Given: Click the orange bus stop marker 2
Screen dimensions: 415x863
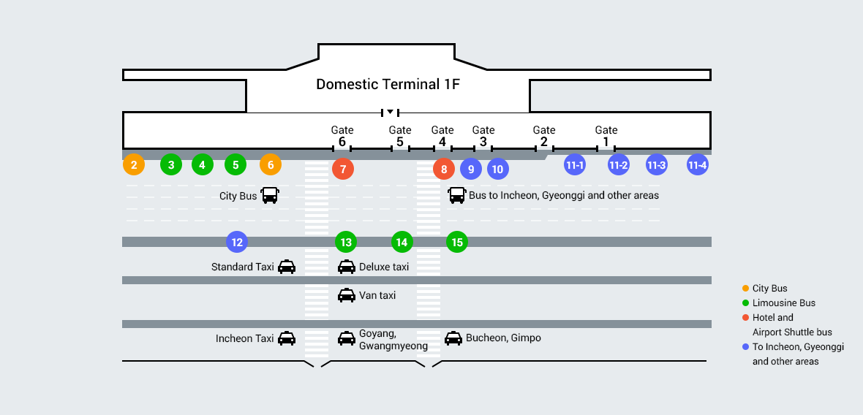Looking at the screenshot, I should tap(133, 165).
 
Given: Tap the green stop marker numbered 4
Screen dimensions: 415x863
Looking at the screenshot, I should tap(203, 165).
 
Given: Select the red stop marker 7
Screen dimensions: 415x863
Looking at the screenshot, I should tap(343, 169).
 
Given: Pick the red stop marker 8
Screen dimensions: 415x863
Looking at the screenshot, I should tap(444, 170).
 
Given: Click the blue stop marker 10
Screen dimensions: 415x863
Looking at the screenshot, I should tap(498, 170).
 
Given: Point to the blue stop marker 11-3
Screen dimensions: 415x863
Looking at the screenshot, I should tap(656, 165).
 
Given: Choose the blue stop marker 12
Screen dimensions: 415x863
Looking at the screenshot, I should tap(236, 242).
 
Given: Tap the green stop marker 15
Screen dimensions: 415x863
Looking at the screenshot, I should tap(457, 242).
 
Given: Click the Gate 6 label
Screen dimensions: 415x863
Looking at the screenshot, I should tap(342, 136).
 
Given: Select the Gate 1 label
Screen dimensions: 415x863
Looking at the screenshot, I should tap(606, 136).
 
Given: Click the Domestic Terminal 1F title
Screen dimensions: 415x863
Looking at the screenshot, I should tap(388, 84).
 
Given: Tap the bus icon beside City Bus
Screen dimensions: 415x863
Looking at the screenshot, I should tap(270, 196).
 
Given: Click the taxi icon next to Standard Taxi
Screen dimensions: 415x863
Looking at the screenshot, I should tap(287, 267).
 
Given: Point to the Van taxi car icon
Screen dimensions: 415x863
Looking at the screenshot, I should tap(347, 295).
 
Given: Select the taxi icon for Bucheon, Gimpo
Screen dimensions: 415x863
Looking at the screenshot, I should tap(453, 338).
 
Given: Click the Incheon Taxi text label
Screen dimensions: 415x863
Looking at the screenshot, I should tap(244, 338).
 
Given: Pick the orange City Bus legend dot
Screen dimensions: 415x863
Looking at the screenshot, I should tap(745, 289).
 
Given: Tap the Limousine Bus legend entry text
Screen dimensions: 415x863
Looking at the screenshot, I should tap(783, 303).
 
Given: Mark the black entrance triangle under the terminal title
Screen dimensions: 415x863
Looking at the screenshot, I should tap(391, 112).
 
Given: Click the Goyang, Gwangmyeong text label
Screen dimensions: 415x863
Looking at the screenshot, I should tap(393, 340).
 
